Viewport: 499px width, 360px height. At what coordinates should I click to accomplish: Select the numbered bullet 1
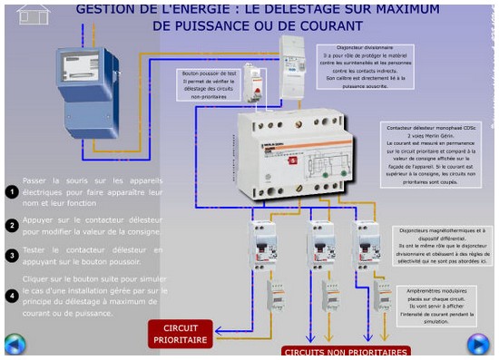tap(12, 192)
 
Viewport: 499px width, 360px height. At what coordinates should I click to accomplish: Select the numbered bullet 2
tap(12, 225)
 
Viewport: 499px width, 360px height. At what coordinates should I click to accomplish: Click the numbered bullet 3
tap(12, 256)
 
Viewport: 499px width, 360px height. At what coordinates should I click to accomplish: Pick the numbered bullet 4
tap(12, 296)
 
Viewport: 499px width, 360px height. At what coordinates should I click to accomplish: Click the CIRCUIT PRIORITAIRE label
tap(180, 333)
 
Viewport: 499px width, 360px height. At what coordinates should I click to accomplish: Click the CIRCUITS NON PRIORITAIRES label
tap(345, 352)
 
